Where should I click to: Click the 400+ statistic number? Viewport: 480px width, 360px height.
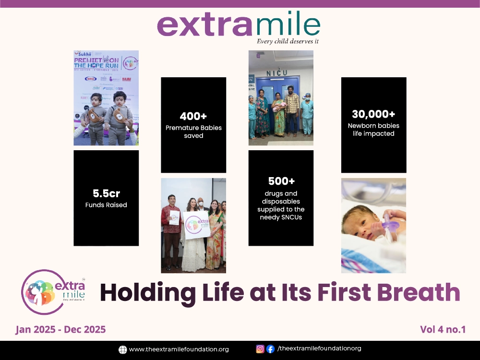[x=193, y=116]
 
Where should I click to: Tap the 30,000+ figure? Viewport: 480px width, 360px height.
[x=373, y=114]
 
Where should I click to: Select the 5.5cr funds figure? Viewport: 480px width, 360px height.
[x=106, y=193]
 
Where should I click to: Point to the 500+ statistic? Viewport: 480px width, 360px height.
[x=281, y=181]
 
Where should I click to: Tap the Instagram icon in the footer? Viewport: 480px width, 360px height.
[x=260, y=349]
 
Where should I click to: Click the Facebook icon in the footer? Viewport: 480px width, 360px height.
[x=270, y=349]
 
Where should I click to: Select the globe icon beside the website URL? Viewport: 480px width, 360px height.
[x=123, y=349]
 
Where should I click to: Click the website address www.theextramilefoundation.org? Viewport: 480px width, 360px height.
[x=179, y=349]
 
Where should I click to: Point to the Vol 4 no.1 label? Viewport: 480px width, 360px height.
[x=443, y=329]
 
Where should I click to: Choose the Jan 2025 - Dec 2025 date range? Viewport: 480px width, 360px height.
[x=60, y=329]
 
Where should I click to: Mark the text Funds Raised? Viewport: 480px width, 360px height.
[x=106, y=205]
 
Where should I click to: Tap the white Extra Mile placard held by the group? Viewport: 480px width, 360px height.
[x=196, y=225]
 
